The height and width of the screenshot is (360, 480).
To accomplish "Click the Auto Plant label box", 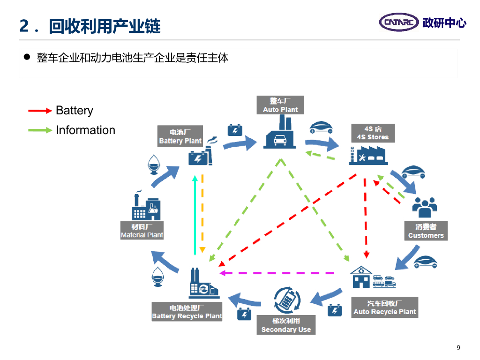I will [280, 105].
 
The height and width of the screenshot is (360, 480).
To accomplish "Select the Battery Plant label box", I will [180, 136].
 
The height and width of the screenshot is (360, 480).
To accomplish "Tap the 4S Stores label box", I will [373, 133].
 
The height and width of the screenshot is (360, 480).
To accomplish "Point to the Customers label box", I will [426, 231].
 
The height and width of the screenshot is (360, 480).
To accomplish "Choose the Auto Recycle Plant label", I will [384, 307].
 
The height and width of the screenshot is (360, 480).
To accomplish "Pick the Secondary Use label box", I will [286, 325].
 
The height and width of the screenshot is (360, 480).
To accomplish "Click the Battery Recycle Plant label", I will [187, 312].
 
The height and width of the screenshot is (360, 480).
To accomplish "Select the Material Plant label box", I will [142, 231].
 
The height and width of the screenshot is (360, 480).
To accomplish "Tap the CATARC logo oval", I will [399, 22].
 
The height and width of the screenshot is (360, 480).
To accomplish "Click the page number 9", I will [458, 347].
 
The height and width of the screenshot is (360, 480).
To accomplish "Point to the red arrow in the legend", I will [40, 111].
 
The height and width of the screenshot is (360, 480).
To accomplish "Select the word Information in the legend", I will [85, 130].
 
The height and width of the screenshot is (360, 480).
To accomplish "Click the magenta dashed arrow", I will [277, 272].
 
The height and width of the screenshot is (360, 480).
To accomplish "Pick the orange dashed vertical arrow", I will [202, 214].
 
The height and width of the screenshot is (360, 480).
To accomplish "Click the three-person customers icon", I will [425, 205].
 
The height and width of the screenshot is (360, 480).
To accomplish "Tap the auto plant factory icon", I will [280, 136].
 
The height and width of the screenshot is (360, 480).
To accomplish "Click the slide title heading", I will [90, 26].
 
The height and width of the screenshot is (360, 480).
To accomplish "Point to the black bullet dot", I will [27, 57].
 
